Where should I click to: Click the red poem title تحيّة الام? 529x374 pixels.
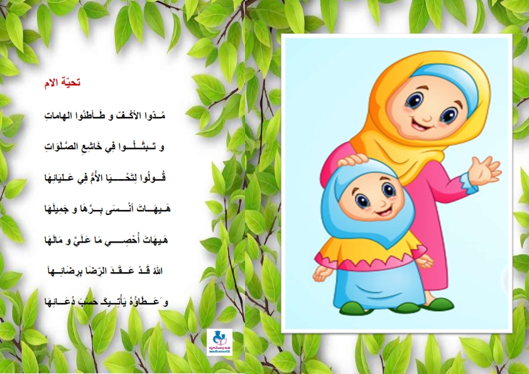[62, 83]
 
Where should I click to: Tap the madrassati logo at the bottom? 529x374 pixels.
[219, 342]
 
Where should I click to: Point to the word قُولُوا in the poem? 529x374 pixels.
[156, 177]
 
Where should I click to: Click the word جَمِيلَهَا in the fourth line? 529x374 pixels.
[57, 209]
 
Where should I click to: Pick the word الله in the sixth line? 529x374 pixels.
[158, 271]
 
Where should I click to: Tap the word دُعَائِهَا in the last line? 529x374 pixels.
[58, 302]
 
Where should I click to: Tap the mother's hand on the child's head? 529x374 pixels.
[353, 160]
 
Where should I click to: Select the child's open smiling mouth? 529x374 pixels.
[384, 212]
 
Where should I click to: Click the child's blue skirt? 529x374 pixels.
[379, 286]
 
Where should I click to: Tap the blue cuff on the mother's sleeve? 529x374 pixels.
[469, 184]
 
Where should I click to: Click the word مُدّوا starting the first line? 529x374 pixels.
[156, 116]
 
